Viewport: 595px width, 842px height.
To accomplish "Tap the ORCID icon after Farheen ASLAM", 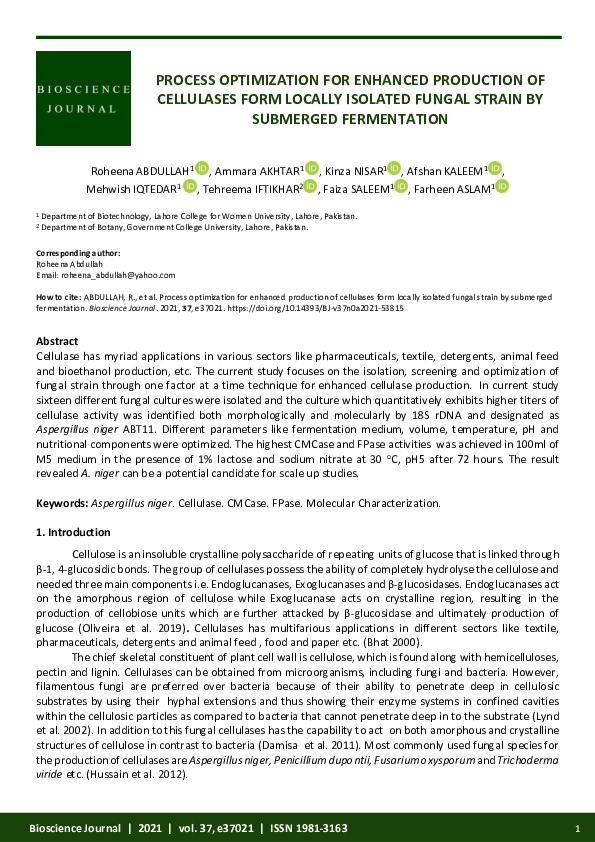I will [x=502, y=186].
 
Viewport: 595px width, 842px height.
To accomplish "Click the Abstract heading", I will [x=57, y=341].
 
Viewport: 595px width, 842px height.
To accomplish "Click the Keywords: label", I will [x=62, y=501].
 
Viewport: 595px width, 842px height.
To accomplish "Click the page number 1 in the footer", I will [x=578, y=828].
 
